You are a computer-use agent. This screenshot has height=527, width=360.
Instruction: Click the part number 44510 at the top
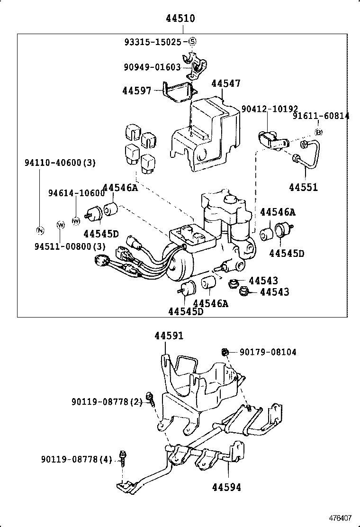(x=180, y=19)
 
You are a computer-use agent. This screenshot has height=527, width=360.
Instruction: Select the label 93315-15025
(x=153, y=42)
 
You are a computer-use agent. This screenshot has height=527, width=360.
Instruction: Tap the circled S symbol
(x=192, y=42)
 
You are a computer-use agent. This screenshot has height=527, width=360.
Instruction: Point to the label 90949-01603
(x=153, y=67)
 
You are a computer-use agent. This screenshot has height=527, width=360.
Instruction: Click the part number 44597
(x=137, y=90)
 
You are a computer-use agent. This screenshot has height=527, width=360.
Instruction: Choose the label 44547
(x=226, y=84)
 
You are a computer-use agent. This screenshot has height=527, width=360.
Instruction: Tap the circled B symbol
(x=319, y=132)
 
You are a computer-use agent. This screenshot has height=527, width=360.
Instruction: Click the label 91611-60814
(x=321, y=116)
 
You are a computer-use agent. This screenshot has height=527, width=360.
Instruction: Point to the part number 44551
(x=304, y=187)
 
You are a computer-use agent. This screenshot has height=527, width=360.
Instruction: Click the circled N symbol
(x=40, y=231)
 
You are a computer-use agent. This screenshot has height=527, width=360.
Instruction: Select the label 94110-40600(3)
(x=60, y=163)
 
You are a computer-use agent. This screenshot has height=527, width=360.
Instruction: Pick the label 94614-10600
(x=76, y=193)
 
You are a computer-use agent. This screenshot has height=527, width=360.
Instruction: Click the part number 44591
(x=169, y=336)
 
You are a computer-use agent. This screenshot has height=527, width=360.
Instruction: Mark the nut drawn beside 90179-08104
(x=225, y=352)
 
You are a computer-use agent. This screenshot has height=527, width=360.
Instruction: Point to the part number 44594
(x=226, y=487)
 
